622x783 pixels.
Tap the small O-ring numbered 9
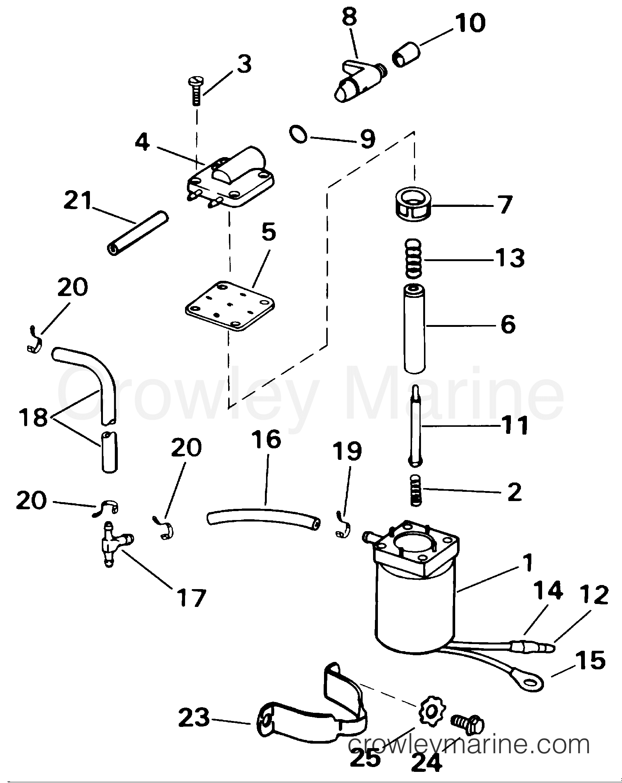pos(298,134)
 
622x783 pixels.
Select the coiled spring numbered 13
pos(413,259)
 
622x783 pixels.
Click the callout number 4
pos(142,142)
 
